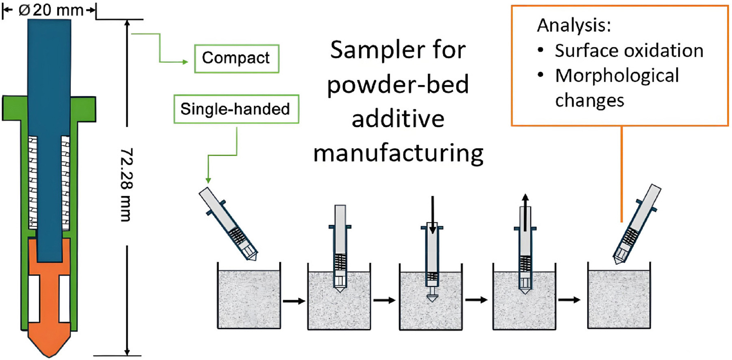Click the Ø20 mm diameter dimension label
50,10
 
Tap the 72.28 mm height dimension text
126,184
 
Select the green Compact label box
236,59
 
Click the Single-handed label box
236,109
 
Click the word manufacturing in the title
398,154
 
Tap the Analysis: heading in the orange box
574,25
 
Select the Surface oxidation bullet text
629,51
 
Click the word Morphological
617,76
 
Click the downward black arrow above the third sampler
433,215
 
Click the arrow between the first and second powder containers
294,301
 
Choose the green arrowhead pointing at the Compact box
186,62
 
